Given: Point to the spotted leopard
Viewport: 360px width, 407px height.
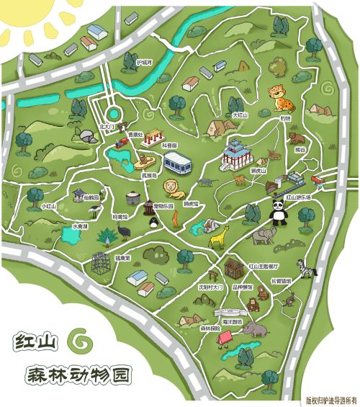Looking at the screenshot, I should pos(278,94).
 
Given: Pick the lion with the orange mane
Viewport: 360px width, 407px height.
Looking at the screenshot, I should pos(174,189).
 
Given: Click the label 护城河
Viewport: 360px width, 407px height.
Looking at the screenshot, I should pos(145,62).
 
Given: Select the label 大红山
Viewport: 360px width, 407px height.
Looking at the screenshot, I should pos(240,115).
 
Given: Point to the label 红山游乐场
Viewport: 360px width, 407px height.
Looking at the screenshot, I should pos(298,196).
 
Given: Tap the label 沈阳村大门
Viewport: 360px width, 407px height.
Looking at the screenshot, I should pos(210,286).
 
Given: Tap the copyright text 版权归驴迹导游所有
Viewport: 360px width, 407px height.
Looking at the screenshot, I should pos(330,398).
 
